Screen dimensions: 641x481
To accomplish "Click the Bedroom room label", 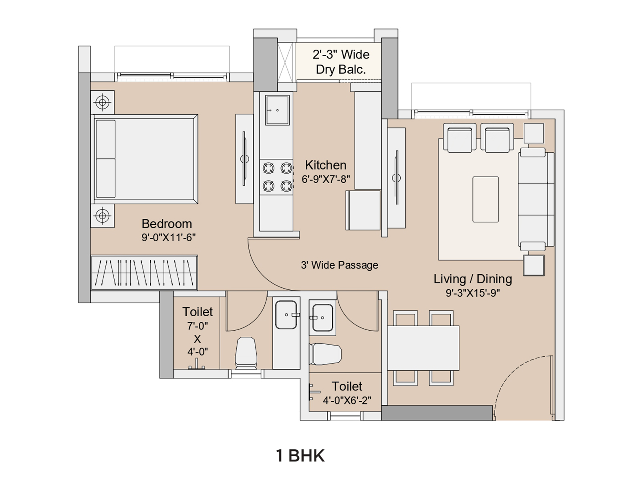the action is point(167,224).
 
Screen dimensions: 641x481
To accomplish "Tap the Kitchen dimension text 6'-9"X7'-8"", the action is point(326,179).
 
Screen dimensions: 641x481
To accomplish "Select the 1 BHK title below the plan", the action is point(300,456).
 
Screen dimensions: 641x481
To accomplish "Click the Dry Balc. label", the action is point(341,69).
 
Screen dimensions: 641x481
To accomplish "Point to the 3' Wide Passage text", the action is point(339,265).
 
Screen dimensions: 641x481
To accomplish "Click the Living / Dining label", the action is point(472,279).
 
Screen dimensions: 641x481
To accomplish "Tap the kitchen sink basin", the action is point(277,110).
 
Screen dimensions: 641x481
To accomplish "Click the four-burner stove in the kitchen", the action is point(276,177).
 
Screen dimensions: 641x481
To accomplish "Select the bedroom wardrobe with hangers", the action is point(144,273).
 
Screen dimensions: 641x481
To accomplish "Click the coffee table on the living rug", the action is point(485,199).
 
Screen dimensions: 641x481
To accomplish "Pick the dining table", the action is point(423,348).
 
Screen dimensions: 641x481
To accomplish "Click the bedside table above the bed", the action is point(102,102).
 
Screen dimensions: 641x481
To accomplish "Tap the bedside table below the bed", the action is point(102,216).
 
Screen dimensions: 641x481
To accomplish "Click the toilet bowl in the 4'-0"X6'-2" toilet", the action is point(325,354).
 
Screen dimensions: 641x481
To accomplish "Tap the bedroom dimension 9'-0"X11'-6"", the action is point(169,237).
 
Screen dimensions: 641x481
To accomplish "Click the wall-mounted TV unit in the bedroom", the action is point(244,159).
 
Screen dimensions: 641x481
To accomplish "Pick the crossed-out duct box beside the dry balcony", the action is point(285,63).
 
